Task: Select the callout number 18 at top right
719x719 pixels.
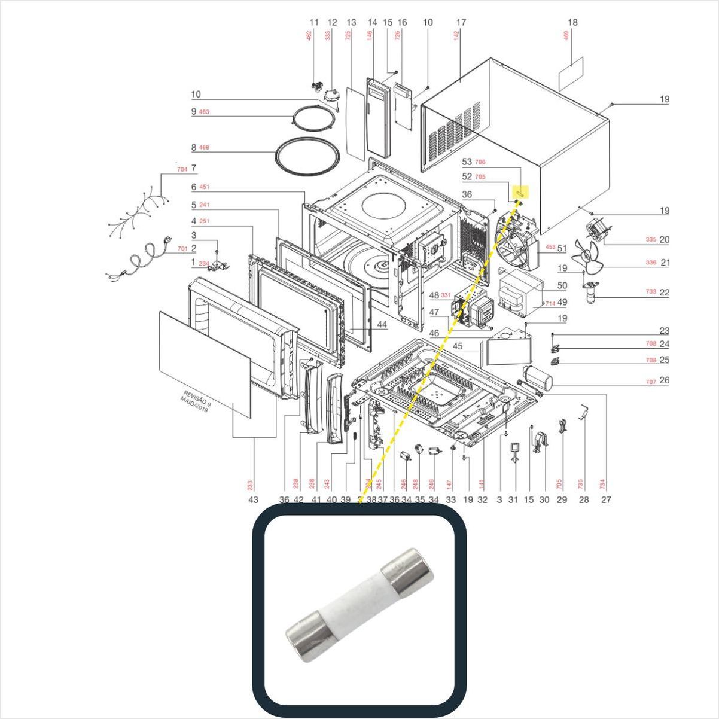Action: click(572, 23)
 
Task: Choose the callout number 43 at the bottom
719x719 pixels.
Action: click(253, 499)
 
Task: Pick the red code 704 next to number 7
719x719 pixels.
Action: click(182, 169)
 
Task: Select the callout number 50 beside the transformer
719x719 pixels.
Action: click(562, 287)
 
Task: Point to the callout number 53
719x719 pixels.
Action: click(467, 162)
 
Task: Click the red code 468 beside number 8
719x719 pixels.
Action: click(204, 147)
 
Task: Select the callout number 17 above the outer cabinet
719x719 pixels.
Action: click(461, 23)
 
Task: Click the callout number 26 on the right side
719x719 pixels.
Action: click(664, 380)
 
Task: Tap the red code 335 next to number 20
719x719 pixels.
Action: click(651, 240)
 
